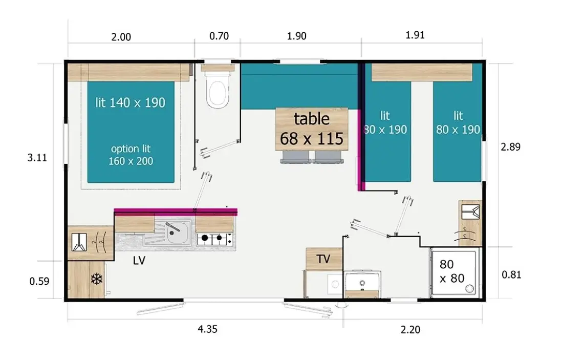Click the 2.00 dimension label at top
(121, 37)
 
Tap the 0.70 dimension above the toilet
(219, 36)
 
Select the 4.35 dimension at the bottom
(207, 329)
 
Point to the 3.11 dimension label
(37, 157)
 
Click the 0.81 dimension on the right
(511, 274)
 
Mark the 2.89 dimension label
(511, 146)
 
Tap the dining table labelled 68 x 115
(312, 129)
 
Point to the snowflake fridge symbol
(97, 279)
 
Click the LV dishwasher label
(139, 261)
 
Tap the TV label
(323, 259)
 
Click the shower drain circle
(469, 288)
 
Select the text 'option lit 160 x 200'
(131, 155)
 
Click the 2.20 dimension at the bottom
(410, 329)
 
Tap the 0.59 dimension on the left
(39, 281)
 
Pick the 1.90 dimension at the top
(296, 36)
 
